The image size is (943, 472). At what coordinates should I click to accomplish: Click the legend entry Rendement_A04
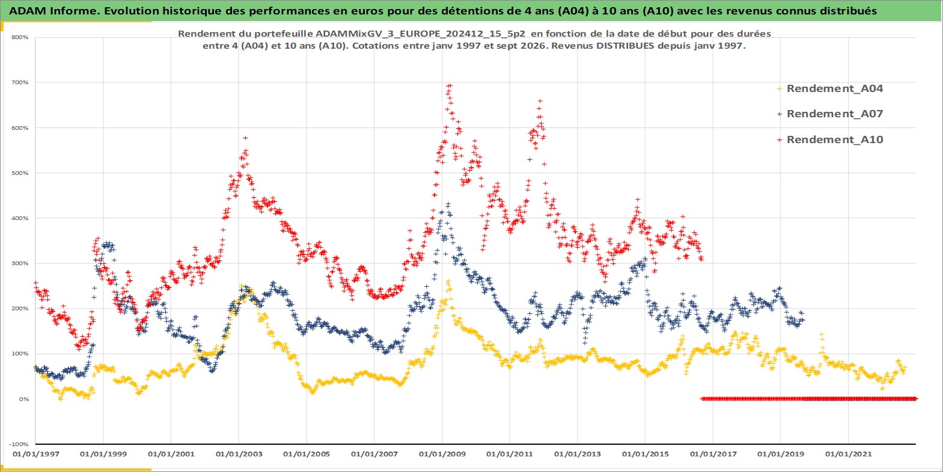click(834, 88)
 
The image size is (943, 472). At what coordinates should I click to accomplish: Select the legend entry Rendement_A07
click(834, 114)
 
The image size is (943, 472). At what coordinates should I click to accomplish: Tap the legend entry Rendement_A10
click(834, 139)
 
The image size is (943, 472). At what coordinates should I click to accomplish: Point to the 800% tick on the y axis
click(20, 37)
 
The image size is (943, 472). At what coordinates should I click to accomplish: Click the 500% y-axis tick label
click(20, 173)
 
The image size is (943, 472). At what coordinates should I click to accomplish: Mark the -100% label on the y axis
click(19, 444)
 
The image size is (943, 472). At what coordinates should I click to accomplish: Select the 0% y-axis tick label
click(23, 399)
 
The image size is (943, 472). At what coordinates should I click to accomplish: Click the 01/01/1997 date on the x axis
click(36, 455)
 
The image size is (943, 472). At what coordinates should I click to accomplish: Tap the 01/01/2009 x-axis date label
click(442, 455)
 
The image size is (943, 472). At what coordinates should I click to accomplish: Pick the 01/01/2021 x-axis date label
click(848, 455)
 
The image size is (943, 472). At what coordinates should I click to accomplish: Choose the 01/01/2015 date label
click(645, 455)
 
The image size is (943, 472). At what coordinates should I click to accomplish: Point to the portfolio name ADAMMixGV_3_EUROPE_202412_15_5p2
click(420, 34)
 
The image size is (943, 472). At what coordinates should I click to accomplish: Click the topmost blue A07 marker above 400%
click(448, 204)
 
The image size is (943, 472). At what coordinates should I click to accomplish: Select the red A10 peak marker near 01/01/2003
click(245, 138)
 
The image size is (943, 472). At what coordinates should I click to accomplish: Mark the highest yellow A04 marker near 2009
click(448, 281)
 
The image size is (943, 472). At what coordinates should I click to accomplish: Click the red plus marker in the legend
click(780, 139)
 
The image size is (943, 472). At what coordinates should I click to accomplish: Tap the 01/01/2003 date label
click(239, 455)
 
